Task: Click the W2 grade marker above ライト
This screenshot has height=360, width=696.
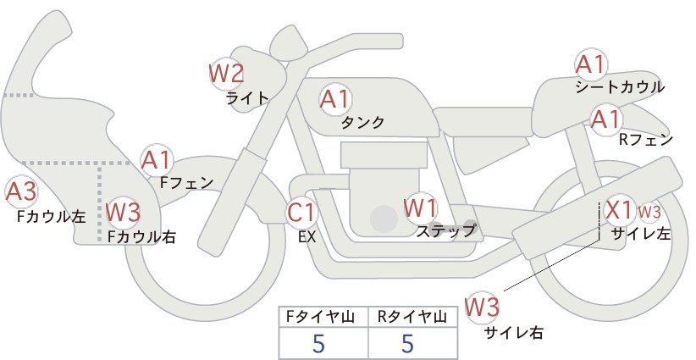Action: click(x=226, y=73)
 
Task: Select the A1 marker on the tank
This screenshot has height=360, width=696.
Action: click(x=335, y=99)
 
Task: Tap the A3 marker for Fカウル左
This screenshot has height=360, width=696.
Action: click(x=21, y=191)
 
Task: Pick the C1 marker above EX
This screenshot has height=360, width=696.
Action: click(x=301, y=212)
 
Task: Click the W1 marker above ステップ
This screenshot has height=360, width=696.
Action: click(x=420, y=208)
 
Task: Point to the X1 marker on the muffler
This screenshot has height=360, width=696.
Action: click(x=619, y=210)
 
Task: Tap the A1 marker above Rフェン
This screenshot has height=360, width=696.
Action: click(x=605, y=119)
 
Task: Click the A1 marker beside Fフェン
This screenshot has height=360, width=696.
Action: click(x=157, y=161)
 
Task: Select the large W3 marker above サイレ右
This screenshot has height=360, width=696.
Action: click(x=482, y=307)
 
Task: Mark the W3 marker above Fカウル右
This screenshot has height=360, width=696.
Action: click(x=124, y=212)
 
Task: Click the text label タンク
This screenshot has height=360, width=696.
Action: click(x=362, y=122)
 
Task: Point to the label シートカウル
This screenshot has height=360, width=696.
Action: click(x=620, y=87)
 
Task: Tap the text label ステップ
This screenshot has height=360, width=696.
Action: click(x=445, y=231)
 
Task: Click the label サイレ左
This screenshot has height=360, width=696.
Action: click(x=640, y=234)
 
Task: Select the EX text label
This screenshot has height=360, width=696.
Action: click(x=307, y=237)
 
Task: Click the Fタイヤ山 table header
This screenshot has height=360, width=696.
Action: click(x=320, y=317)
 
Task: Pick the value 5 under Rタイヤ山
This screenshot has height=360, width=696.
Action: click(x=407, y=343)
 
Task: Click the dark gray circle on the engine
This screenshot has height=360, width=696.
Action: click(x=384, y=219)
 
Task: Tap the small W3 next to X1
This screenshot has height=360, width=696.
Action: click(x=649, y=213)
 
